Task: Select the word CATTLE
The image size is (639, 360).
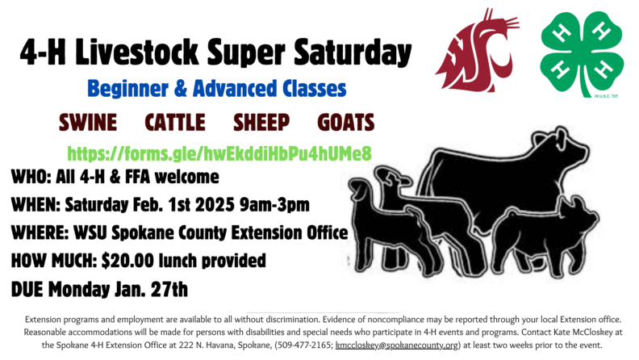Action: click(174, 123)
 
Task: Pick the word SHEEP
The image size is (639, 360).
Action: click(261, 123)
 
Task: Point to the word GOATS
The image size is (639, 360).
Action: click(346, 123)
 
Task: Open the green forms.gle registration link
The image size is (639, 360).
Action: click(219, 152)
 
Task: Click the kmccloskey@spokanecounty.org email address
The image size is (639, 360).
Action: click(398, 345)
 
